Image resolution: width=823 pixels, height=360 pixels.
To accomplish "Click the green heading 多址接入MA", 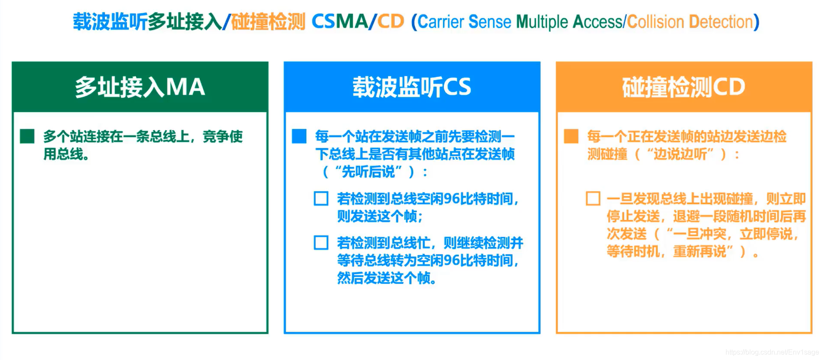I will pyautogui.click(x=140, y=87).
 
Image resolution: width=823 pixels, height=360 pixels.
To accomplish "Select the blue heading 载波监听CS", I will pyautogui.click(x=411, y=87).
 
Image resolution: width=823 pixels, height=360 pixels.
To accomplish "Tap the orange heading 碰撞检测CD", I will pyautogui.click(x=684, y=87).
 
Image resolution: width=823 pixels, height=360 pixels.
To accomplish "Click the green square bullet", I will pyautogui.click(x=27, y=136).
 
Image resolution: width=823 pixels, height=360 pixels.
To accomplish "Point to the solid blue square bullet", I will pyautogui.click(x=299, y=136).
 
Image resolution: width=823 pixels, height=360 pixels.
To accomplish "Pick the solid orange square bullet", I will pyautogui.click(x=571, y=136).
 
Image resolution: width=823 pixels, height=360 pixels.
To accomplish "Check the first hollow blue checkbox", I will pyautogui.click(x=321, y=199).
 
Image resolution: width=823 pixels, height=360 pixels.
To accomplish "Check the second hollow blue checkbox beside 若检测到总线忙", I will pyautogui.click(x=321, y=243).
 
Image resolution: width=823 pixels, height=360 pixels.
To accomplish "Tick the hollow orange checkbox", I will pyautogui.click(x=593, y=199).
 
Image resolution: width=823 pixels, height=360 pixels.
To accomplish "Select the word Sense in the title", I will pyautogui.click(x=490, y=22).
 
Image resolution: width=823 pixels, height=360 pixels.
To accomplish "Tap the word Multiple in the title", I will pyautogui.click(x=542, y=22).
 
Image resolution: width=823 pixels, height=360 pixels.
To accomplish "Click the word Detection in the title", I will pyautogui.click(x=720, y=22).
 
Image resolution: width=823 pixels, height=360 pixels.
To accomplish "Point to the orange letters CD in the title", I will pyautogui.click(x=391, y=22).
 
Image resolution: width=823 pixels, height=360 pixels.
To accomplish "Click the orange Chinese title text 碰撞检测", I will pyautogui.click(x=268, y=22).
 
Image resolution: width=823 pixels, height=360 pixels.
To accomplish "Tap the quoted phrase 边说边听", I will pyautogui.click(x=680, y=154).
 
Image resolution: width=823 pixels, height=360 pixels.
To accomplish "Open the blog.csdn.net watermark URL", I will pyautogui.click(x=772, y=352).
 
